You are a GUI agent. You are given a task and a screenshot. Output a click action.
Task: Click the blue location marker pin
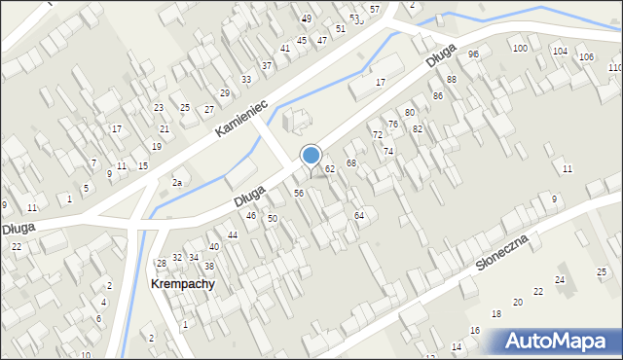(x=311, y=157)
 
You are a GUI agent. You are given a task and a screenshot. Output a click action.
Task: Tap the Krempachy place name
(x=182, y=284)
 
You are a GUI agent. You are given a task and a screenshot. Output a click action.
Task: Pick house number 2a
(x=177, y=182)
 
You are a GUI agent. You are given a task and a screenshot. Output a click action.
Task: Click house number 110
(x=615, y=67)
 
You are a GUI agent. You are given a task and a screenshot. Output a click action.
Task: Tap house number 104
(x=560, y=51)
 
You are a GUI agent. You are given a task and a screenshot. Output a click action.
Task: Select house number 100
(x=520, y=48)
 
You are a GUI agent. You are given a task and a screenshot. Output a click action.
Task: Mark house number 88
(x=452, y=79)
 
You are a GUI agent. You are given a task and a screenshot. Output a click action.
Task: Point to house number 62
(x=330, y=169)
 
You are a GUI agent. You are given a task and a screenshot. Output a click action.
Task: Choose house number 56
(x=300, y=194)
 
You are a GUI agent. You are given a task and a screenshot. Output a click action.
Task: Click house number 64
(x=358, y=215)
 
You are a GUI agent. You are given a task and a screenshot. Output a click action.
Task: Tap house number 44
(x=233, y=235)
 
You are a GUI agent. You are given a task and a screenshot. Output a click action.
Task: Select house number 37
(x=266, y=65)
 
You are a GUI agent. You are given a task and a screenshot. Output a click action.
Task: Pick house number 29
(x=224, y=92)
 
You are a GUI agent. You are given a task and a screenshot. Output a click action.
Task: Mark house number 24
(x=560, y=279)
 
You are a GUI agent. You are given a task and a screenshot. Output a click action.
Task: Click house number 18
(x=495, y=313)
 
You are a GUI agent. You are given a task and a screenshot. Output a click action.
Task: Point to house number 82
(x=418, y=128)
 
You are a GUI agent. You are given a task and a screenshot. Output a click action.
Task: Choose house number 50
(x=273, y=219)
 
